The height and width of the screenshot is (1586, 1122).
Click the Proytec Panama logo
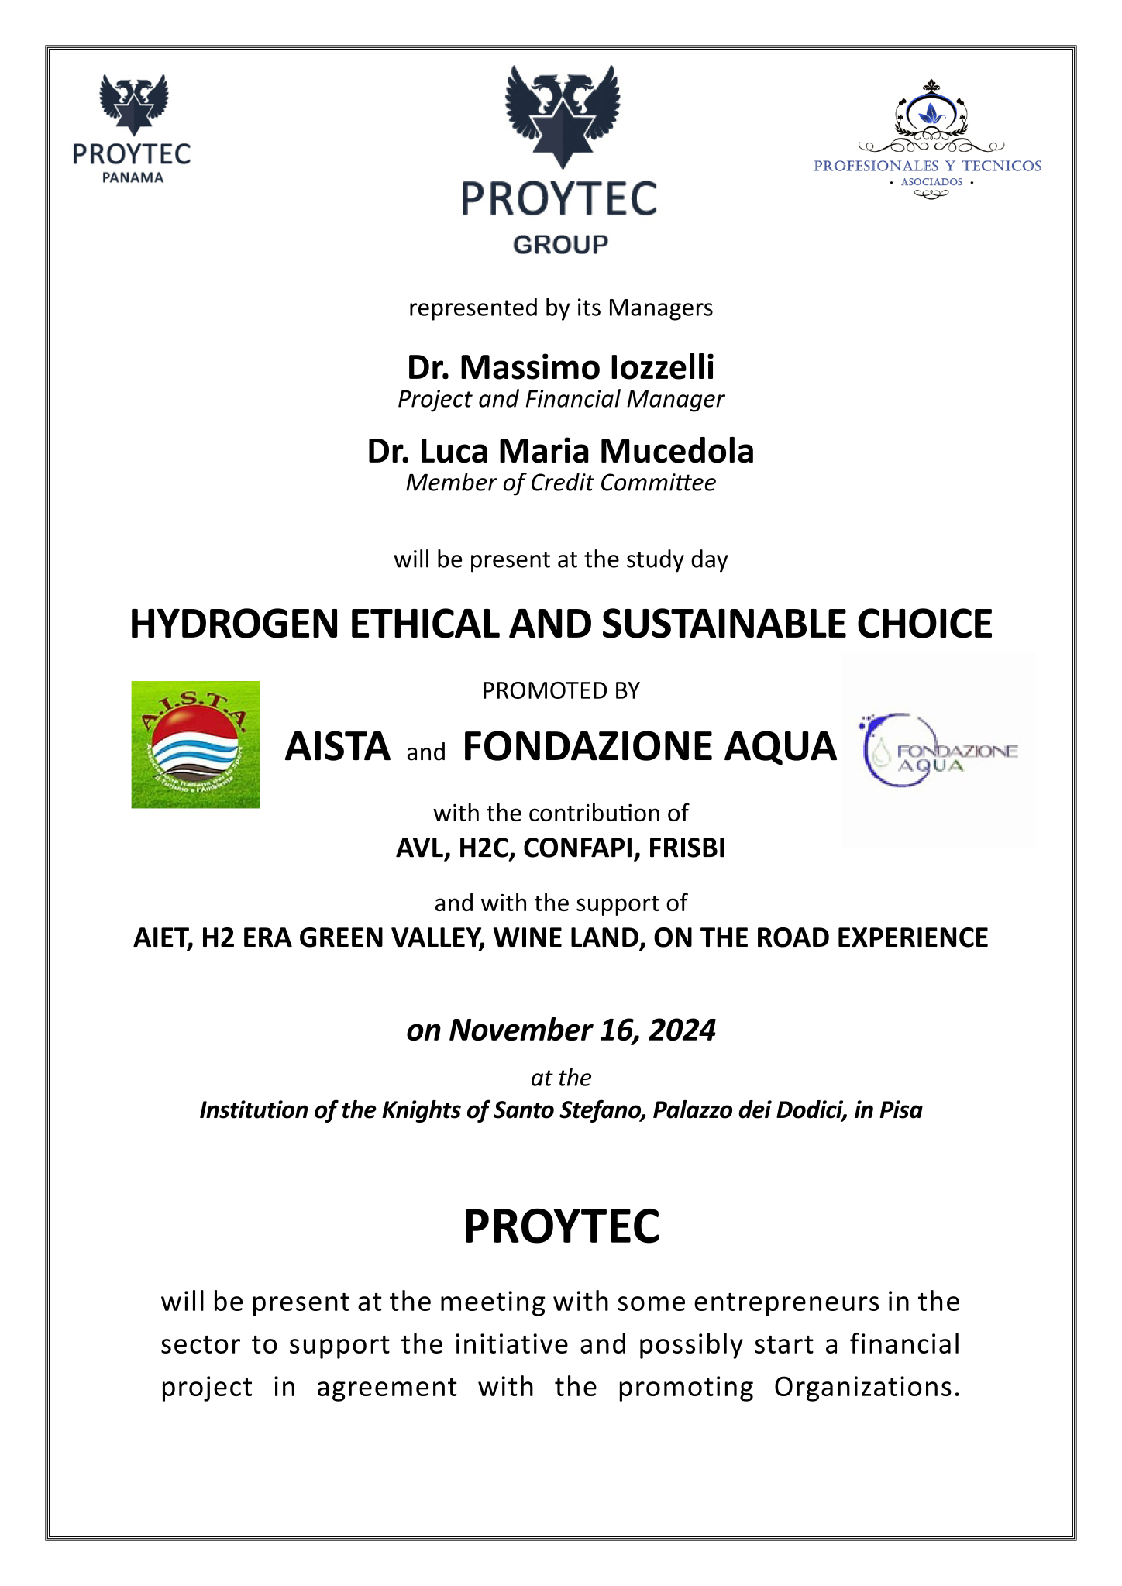133,129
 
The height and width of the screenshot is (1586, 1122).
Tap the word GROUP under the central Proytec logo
560,245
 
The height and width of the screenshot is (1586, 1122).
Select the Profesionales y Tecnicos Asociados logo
928,140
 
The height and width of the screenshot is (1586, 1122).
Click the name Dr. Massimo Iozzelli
560,367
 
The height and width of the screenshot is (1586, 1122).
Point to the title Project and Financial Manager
560,399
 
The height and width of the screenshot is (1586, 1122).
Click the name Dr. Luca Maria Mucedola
560,451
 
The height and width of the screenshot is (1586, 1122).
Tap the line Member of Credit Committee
560,483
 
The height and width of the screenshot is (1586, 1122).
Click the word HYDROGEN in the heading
234,624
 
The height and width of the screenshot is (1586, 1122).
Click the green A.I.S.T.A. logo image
195,745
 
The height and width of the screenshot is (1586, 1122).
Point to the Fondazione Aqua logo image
938,749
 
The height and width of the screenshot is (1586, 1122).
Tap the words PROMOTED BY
560,690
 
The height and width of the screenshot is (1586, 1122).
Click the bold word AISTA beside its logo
337,746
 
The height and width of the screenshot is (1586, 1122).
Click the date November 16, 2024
582,1030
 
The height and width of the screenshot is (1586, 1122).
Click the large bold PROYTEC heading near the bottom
561,1226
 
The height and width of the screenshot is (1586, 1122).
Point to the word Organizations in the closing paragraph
866,1387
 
